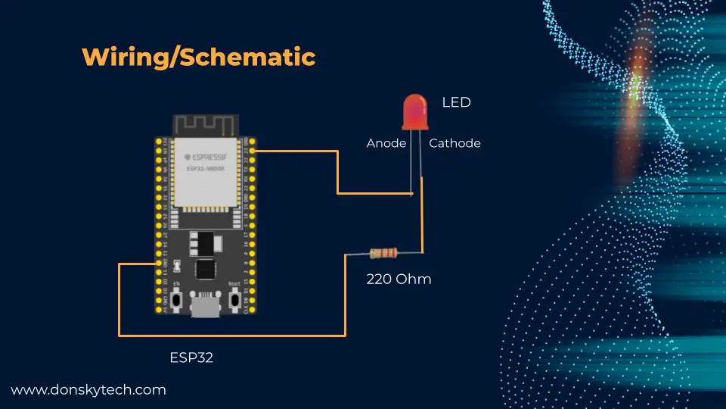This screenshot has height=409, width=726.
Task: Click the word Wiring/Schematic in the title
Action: tap(198, 57)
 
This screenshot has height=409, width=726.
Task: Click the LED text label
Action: tap(456, 101)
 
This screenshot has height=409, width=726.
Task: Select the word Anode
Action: tap(386, 143)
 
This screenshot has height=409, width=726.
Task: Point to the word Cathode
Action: tap(455, 143)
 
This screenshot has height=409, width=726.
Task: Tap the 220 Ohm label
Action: tap(399, 279)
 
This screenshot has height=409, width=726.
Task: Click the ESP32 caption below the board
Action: tap(191, 357)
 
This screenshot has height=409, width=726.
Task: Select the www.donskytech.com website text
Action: tap(88, 390)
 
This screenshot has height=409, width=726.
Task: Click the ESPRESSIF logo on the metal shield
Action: tap(203, 158)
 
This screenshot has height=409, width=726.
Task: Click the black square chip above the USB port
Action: tap(205, 269)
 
